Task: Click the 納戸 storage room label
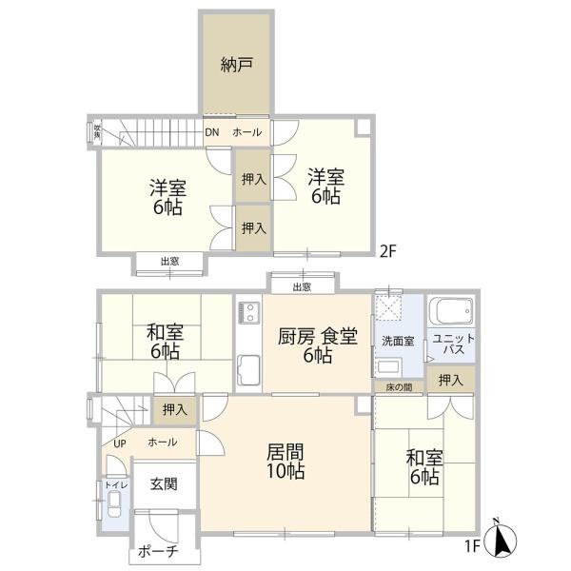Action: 235,66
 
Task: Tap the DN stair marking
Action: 211,131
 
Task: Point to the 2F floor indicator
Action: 387,251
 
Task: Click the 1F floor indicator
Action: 472,545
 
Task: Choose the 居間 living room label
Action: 285,461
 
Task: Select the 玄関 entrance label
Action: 163,482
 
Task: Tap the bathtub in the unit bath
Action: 451,311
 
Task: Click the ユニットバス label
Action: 449,345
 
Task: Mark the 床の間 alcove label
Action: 399,386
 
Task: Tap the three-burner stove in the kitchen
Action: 247,313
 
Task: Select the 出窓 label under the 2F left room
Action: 169,260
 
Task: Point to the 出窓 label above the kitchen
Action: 302,285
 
